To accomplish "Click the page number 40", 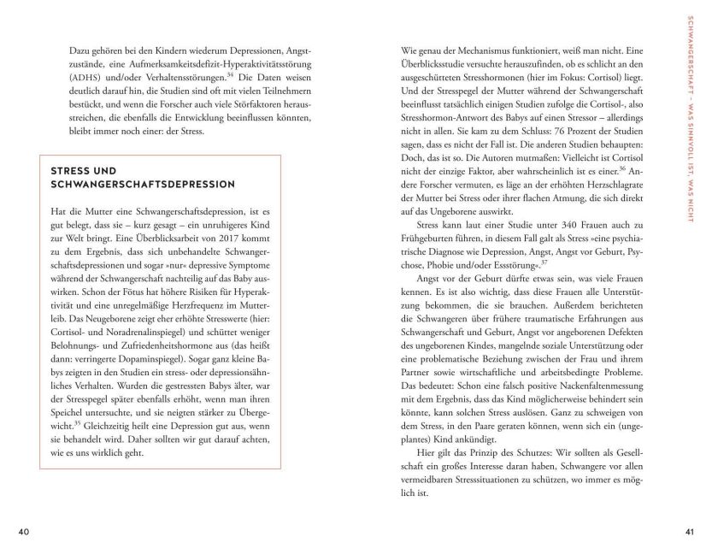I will [23, 533].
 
